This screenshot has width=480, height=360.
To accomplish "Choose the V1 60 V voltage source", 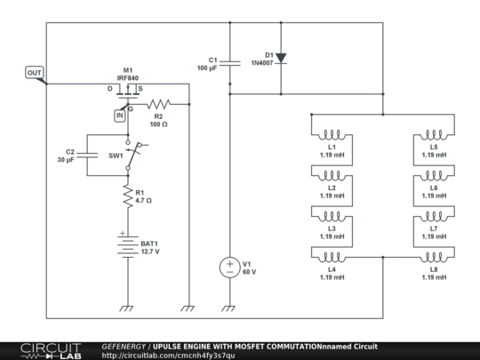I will tap(228, 265).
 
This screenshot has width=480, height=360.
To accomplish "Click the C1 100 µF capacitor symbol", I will tap(229, 62).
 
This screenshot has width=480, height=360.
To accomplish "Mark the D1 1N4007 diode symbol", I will tap(281, 58).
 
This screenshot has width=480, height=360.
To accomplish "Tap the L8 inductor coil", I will tap(433, 255).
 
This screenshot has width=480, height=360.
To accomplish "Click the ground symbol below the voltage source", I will tap(228, 308).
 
